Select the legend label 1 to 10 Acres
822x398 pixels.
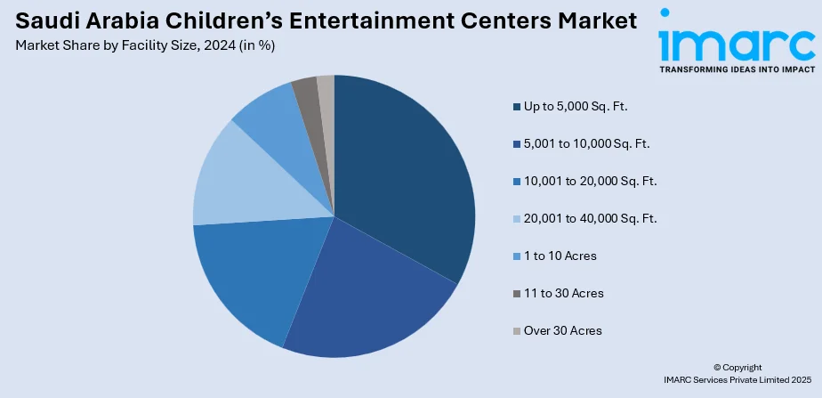click(x=560, y=256)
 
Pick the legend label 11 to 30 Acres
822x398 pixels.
click(x=563, y=294)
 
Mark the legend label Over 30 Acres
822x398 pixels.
click(x=563, y=331)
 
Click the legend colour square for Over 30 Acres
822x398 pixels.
click(x=517, y=331)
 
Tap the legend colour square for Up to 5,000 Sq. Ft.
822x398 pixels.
click(x=517, y=107)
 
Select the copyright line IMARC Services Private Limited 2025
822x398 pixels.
click(x=737, y=379)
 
